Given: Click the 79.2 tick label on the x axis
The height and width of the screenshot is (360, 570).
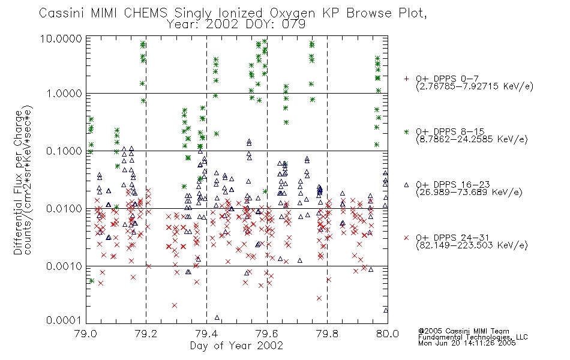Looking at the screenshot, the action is (146, 334).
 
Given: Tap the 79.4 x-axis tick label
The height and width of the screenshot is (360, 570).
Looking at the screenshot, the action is (206, 334).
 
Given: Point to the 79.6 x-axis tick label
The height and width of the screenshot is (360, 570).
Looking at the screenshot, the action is (267, 334).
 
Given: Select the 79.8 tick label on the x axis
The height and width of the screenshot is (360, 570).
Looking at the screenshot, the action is (327, 334).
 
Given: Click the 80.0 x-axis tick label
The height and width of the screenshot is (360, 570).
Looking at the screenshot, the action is (388, 334).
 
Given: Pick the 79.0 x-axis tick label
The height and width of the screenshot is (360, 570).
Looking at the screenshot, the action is (86, 334).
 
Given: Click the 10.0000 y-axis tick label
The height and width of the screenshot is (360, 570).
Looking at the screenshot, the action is (61, 38).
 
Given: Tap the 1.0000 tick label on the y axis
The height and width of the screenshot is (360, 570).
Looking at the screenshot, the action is (64, 94).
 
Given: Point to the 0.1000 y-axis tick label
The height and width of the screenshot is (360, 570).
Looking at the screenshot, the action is (64, 151).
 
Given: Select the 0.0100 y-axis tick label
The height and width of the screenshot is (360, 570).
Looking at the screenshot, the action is (64, 209).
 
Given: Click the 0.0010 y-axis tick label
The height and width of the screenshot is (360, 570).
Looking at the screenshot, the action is (64, 266).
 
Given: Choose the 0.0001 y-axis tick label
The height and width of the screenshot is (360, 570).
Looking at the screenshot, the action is (64, 320).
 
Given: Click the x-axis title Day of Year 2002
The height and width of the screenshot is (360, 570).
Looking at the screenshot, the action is (236, 346).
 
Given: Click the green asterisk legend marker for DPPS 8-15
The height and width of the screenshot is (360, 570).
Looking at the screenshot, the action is (406, 131).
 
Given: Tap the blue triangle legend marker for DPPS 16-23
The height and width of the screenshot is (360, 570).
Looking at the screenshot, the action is (406, 185).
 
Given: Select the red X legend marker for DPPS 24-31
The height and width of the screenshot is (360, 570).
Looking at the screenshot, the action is (406, 238).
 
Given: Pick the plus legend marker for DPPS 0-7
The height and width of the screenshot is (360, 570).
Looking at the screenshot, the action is (406, 79).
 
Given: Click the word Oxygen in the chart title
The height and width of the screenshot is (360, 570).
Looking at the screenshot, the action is (292, 13).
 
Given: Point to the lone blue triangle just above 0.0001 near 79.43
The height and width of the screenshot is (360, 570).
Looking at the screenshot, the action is (217, 317).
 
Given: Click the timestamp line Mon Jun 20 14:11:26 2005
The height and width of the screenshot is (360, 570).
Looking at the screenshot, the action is (467, 343).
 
